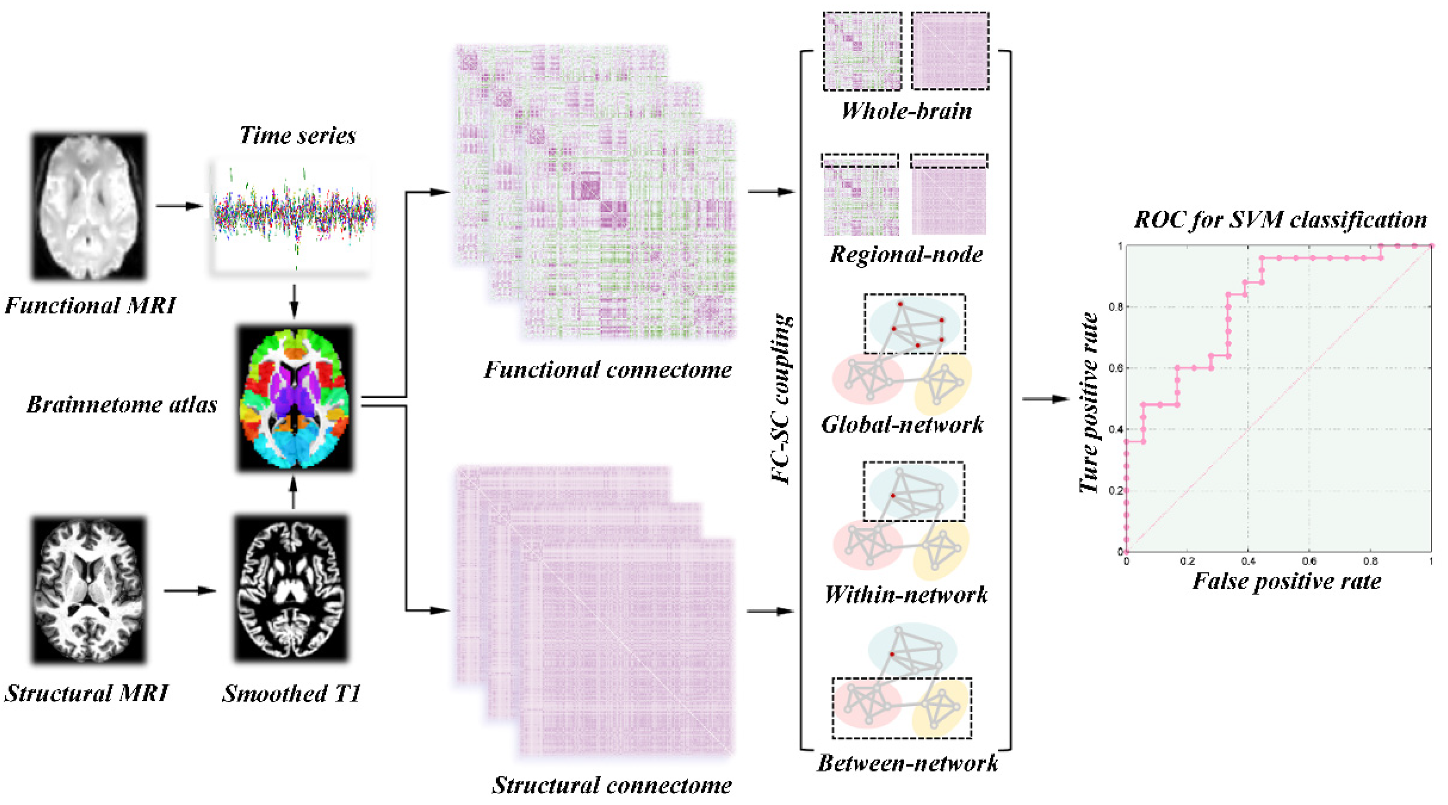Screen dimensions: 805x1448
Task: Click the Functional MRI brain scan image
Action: (x=89, y=206)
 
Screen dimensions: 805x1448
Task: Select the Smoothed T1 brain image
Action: (x=291, y=588)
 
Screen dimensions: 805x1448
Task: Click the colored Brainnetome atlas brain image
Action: (x=295, y=398)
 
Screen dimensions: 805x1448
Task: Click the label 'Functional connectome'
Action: (x=608, y=370)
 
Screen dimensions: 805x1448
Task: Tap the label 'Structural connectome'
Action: (x=612, y=785)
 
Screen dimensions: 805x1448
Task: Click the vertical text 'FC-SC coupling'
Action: (x=782, y=399)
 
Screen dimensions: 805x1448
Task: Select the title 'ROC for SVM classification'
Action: (x=1280, y=219)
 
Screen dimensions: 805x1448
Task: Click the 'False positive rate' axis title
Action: (x=1287, y=581)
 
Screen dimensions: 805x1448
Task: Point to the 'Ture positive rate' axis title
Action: (x=1089, y=402)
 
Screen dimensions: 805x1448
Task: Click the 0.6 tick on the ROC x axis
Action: (x=1309, y=561)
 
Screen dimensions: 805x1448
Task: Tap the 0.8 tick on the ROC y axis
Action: (x=1115, y=307)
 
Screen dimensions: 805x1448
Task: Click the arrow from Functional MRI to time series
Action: (x=179, y=206)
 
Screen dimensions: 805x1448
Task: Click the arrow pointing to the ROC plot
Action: (x=1044, y=399)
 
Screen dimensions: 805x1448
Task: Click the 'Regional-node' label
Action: (x=906, y=254)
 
